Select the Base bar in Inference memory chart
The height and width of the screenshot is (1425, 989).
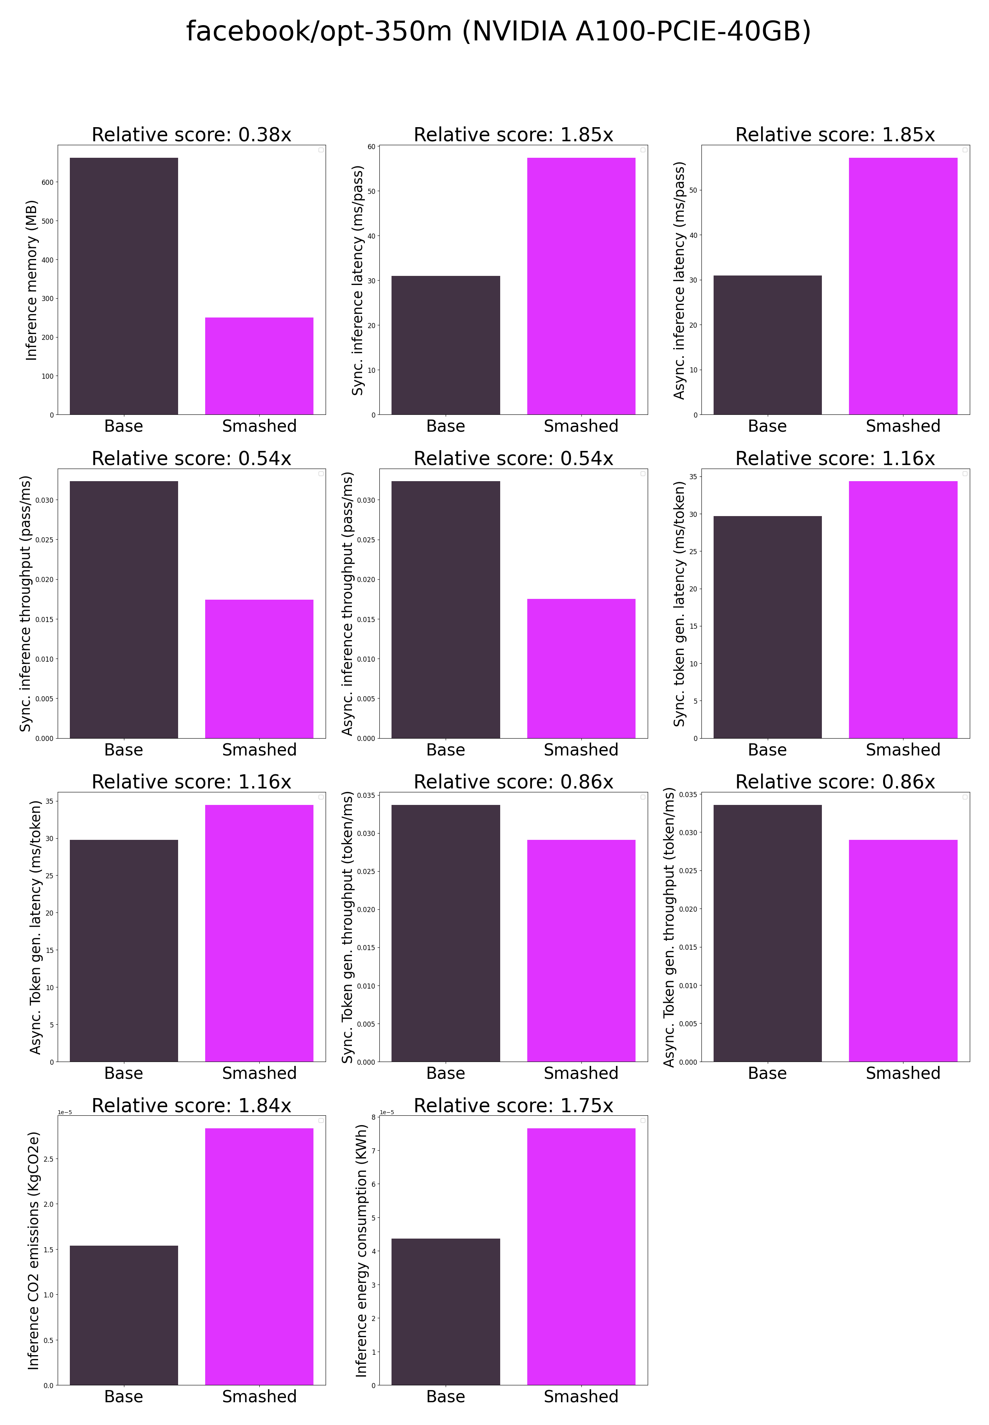pos(124,286)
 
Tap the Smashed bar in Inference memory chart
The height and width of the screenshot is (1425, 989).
pos(259,366)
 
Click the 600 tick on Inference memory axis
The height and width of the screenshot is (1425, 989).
pos(48,182)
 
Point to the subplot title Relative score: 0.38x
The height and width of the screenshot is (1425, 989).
pos(191,135)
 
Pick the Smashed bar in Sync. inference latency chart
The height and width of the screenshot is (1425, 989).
pos(581,286)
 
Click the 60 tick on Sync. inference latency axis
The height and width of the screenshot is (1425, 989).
pos(371,147)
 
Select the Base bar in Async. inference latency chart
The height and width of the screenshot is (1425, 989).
pos(767,345)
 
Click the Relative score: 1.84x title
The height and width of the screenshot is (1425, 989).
pos(191,1105)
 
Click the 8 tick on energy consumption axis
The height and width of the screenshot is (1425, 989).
pos(373,1117)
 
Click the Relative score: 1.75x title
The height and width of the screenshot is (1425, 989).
pos(513,1105)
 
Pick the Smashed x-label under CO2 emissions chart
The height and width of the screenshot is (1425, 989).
pos(259,1396)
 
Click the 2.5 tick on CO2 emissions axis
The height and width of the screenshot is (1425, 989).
pos(48,1159)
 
